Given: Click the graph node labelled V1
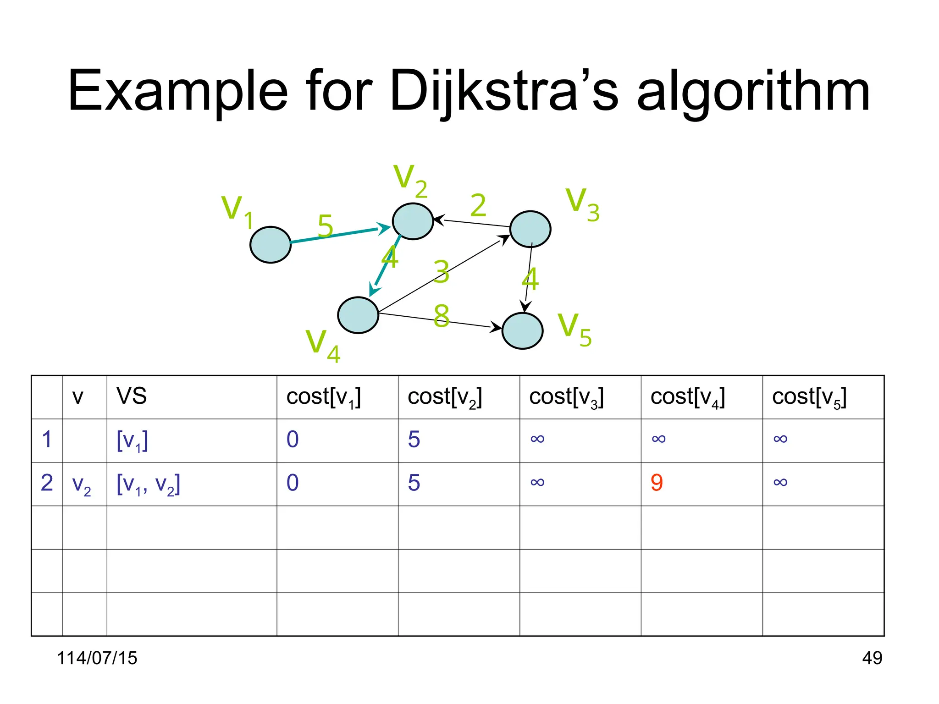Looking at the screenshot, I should coord(271,245).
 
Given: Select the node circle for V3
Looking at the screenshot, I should coord(530,229).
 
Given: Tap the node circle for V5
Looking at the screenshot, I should coord(522,331).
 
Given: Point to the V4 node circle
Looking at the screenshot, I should coord(358,315).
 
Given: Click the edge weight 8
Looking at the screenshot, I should coord(441,316).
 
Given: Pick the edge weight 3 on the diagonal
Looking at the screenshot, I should coord(442,272).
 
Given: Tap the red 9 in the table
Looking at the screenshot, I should coord(657,483).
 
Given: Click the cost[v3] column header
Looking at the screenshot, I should coord(566,397).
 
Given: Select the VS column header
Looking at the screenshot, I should coord(132,396).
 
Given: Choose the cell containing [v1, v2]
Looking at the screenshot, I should coord(148,484).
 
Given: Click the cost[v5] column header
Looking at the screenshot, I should coord(809,397).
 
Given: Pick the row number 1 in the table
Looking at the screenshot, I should coord(47,440).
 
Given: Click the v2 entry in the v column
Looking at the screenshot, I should coord(82,484).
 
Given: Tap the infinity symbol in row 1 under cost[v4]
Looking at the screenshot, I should coord(658,439).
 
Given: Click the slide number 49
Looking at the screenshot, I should coord(872,658).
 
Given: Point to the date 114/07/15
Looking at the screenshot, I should coord(97,658).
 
